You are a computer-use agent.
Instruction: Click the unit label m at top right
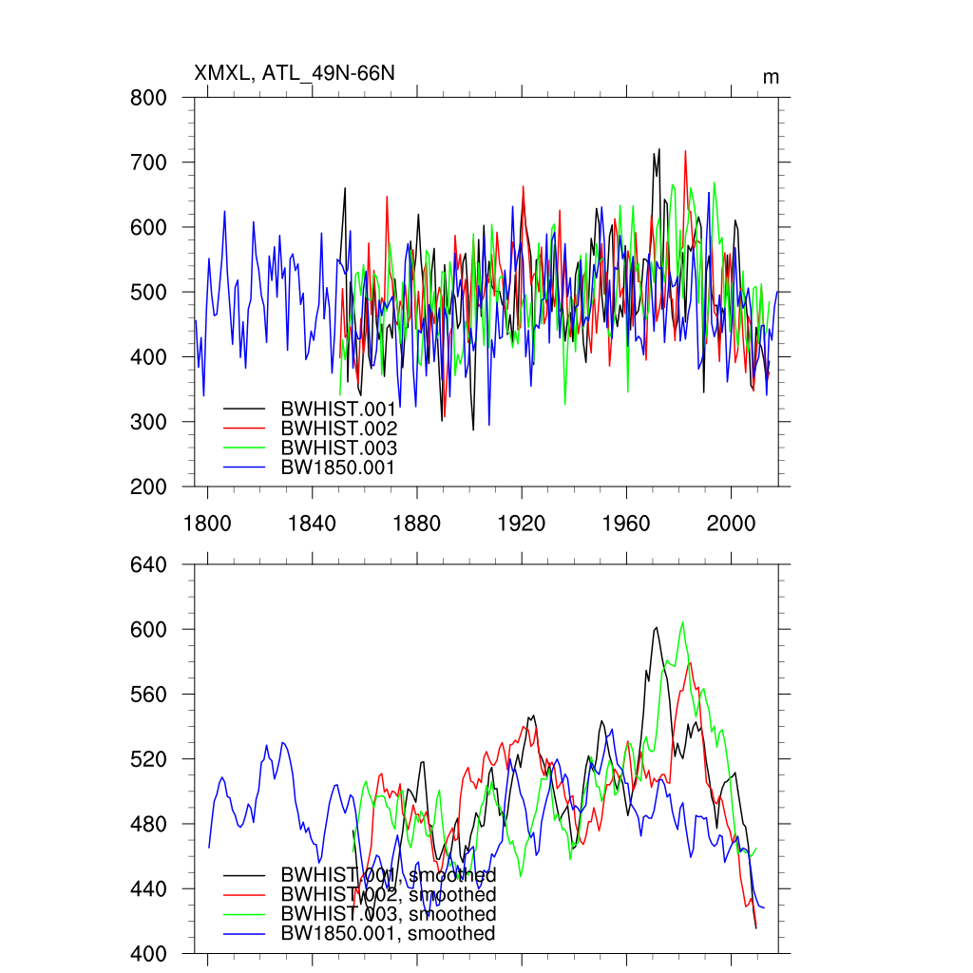pos(771,77)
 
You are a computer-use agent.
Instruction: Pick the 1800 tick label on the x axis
pos(207,523)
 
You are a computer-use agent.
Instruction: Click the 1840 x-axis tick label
pos(312,523)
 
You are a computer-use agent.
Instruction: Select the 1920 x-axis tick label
pos(522,523)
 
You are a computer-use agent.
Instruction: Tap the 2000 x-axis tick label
pos(731,523)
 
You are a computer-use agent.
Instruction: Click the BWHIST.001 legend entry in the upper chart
pos(338,409)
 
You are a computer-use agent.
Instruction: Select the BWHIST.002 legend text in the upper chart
pos(338,429)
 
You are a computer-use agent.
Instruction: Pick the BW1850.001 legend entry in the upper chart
pos(337,467)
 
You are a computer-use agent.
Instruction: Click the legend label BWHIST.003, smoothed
pos(388,914)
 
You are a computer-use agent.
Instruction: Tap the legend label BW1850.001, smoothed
pos(388,934)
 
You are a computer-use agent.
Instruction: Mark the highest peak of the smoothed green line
pos(682,622)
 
